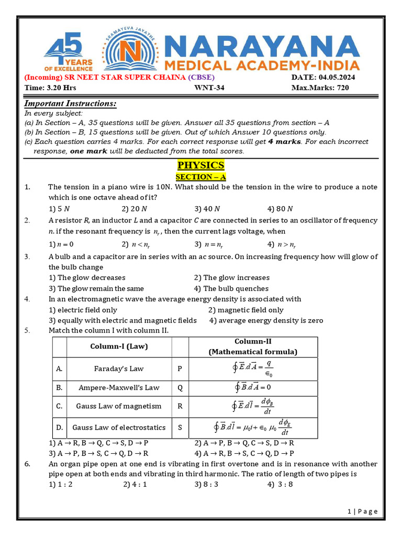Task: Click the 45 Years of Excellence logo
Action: coord(68,51)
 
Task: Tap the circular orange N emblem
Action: coord(129,51)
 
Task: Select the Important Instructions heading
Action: coord(71,104)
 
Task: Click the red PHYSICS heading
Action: coord(200,165)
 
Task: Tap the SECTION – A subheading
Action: coord(200,177)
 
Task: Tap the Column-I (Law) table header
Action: coord(120,347)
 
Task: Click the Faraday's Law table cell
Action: coord(119,368)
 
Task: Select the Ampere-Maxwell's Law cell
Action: coord(119,388)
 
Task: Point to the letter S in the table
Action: coord(180,428)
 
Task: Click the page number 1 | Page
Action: coord(362,511)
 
